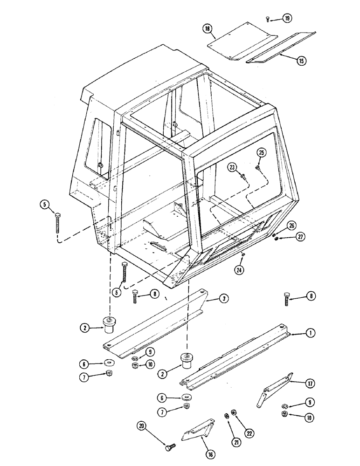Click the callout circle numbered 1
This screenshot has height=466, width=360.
coord(309,333)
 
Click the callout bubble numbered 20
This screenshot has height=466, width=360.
coord(142,425)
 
